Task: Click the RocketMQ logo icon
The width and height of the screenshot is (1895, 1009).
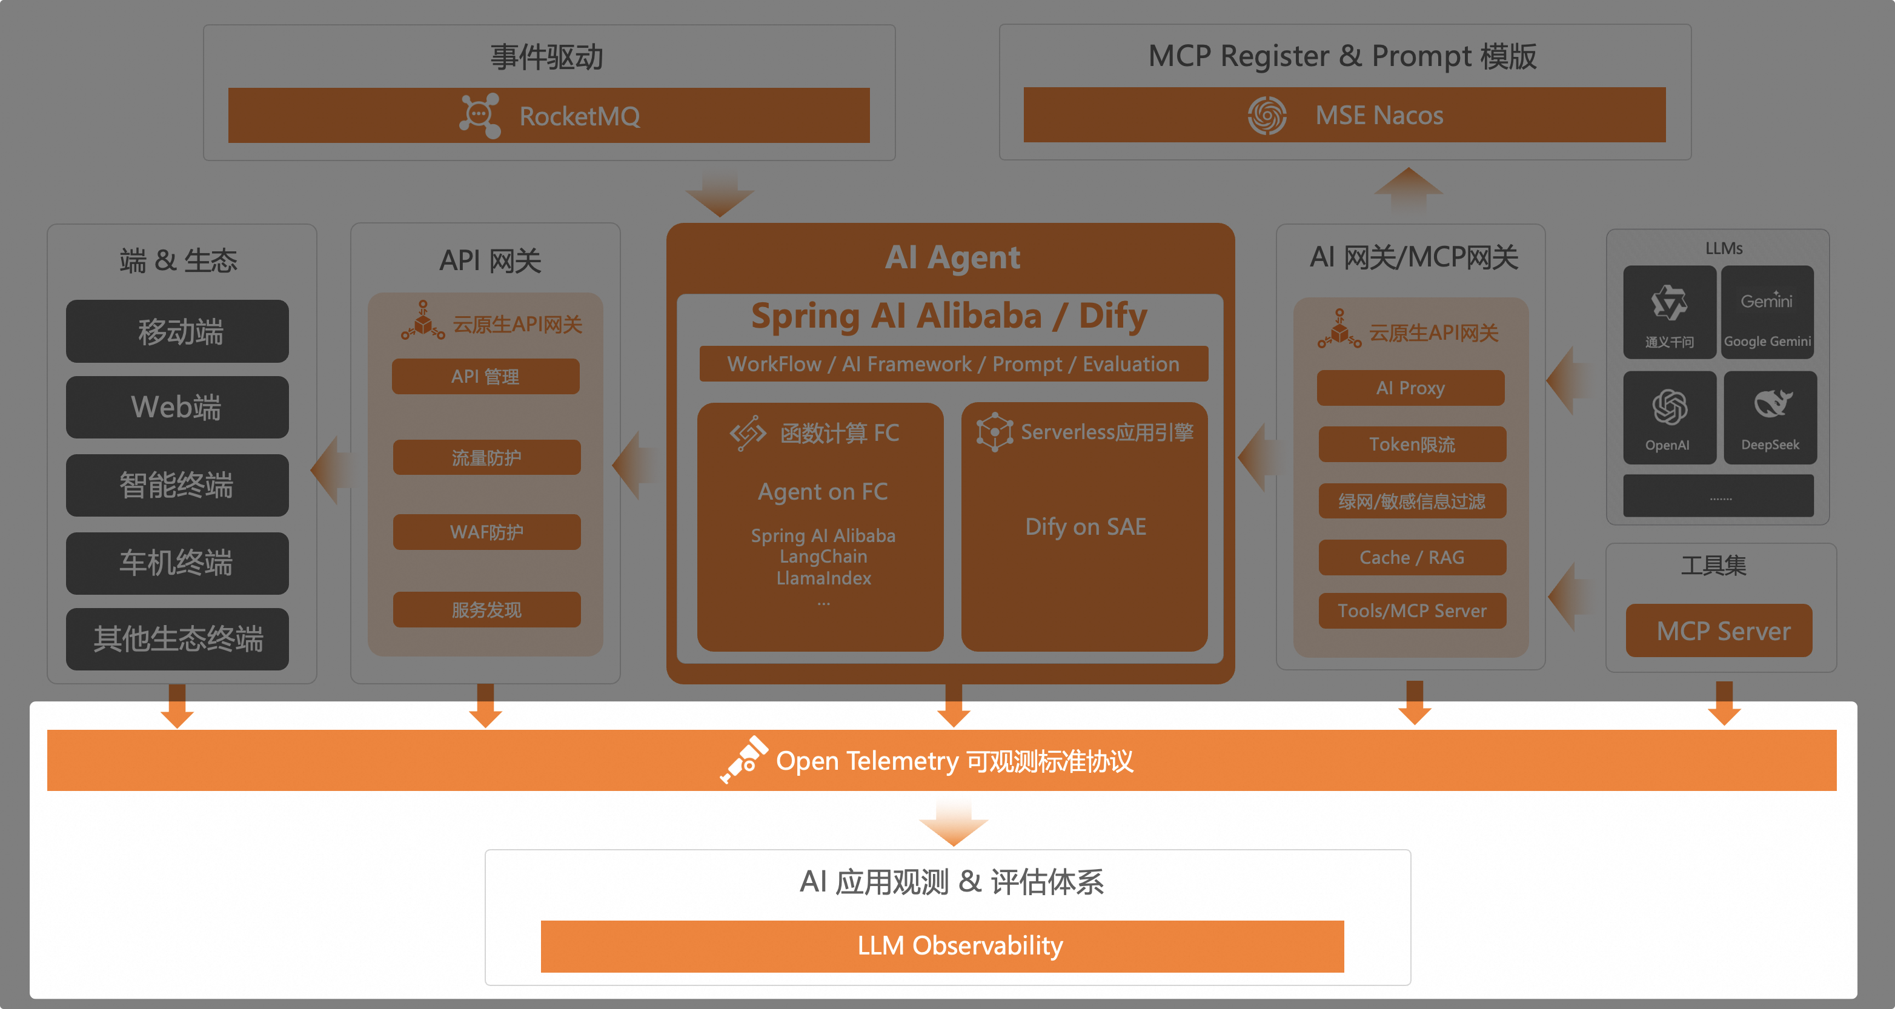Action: click(480, 116)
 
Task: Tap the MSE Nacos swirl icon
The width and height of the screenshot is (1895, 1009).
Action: click(1267, 116)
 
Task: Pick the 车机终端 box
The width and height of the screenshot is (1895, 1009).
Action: click(178, 563)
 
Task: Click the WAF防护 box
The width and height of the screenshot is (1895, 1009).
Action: click(486, 532)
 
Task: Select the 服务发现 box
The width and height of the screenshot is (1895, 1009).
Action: click(486, 610)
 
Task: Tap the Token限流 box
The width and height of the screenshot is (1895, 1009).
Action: click(1412, 444)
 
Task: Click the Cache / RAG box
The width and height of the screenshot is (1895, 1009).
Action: click(1412, 557)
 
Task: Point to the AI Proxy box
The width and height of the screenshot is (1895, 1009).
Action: click(1410, 388)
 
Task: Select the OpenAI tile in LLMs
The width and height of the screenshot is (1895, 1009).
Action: click(1669, 417)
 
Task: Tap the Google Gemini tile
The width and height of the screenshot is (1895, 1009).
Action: click(1767, 312)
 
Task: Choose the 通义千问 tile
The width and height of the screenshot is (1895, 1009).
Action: click(1669, 312)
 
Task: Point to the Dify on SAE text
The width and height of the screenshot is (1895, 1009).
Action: click(1085, 526)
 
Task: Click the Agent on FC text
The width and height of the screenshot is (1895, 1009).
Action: click(823, 491)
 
